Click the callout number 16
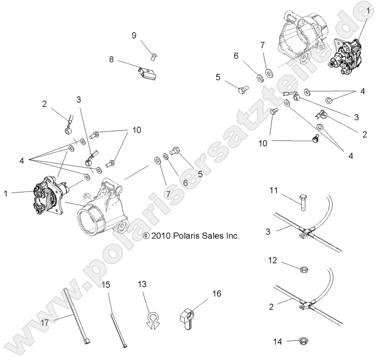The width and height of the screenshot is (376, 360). click(x=216, y=294)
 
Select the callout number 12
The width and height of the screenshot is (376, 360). click(x=273, y=261)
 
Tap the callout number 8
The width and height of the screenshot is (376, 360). click(x=111, y=60)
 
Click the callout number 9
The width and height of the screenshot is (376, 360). click(x=134, y=35)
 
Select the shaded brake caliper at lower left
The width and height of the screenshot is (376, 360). click(x=49, y=193)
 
